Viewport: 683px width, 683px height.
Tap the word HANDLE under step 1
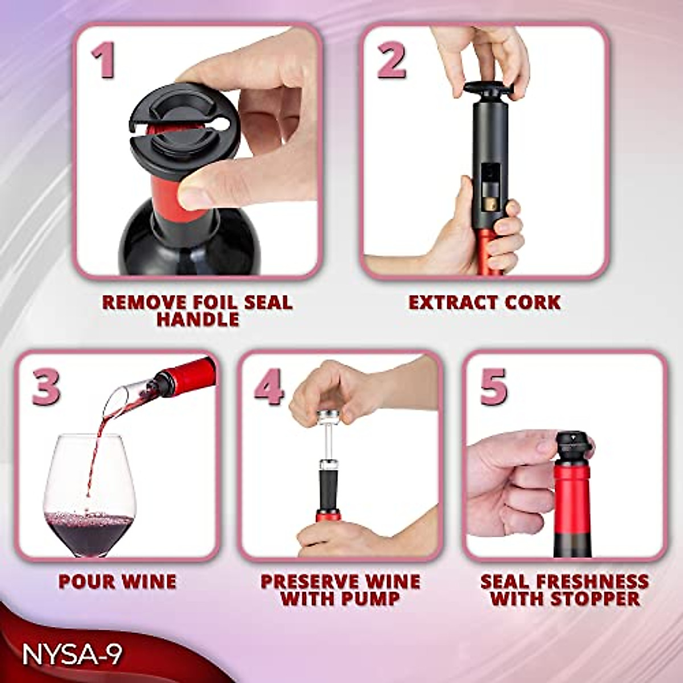pyautogui.click(x=198, y=319)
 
